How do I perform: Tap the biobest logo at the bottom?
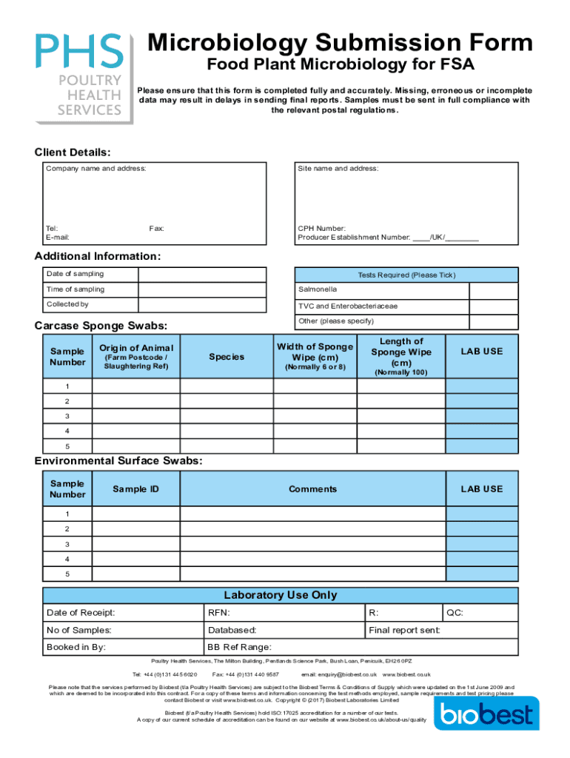tap(486, 714)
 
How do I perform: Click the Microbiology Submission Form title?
tap(340, 43)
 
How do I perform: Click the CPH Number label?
tap(321, 229)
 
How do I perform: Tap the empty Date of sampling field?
tap(201, 275)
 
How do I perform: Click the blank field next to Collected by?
tap(201, 305)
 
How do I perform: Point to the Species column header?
tap(226, 357)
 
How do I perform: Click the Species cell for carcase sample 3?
tap(226, 416)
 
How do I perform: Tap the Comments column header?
tap(312, 489)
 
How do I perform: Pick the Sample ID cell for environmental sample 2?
tap(135, 529)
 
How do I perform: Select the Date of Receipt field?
tap(123, 613)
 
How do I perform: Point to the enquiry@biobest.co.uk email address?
tap(340, 674)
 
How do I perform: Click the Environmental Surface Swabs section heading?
tap(118, 461)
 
